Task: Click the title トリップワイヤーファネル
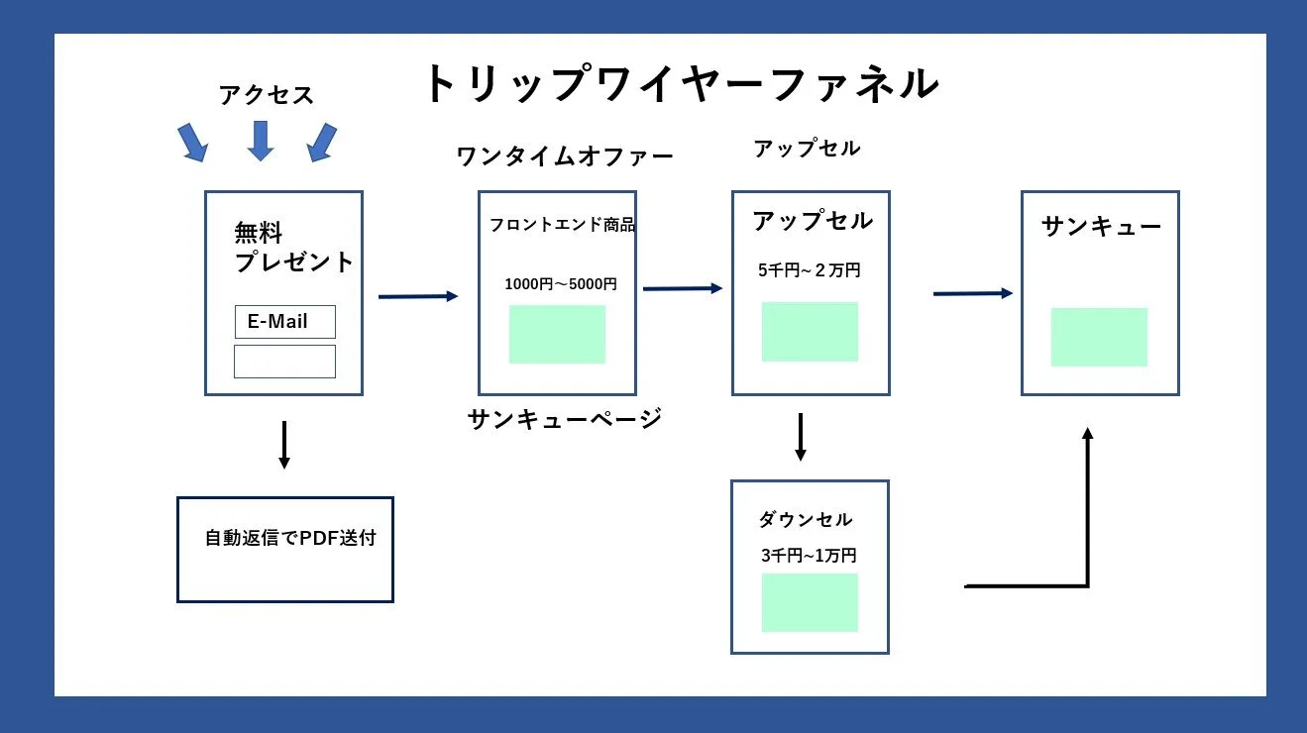[681, 84]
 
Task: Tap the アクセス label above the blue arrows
[266, 95]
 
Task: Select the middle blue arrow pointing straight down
[261, 141]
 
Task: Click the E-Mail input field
[284, 322]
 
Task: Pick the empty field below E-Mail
[284, 362]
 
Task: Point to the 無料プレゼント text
[293, 248]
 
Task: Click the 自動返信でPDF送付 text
[290, 539]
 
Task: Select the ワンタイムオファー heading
[564, 157]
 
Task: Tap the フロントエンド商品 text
[562, 225]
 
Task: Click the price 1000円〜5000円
[560, 284]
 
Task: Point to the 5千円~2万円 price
[809, 270]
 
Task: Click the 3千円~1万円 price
[808, 557]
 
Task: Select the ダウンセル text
[805, 520]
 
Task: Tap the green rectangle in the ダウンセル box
[809, 602]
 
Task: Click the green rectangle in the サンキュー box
[1098, 337]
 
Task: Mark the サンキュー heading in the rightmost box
[1101, 227]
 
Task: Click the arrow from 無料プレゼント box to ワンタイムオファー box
[418, 296]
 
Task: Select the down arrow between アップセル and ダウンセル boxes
[801, 437]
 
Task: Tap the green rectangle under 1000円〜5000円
[557, 334]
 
